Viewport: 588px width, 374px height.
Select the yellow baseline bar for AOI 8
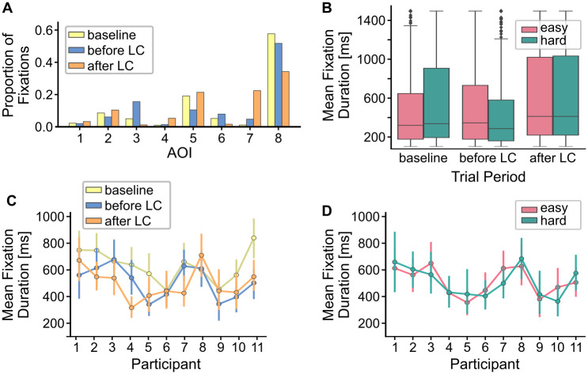[x=271, y=80]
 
